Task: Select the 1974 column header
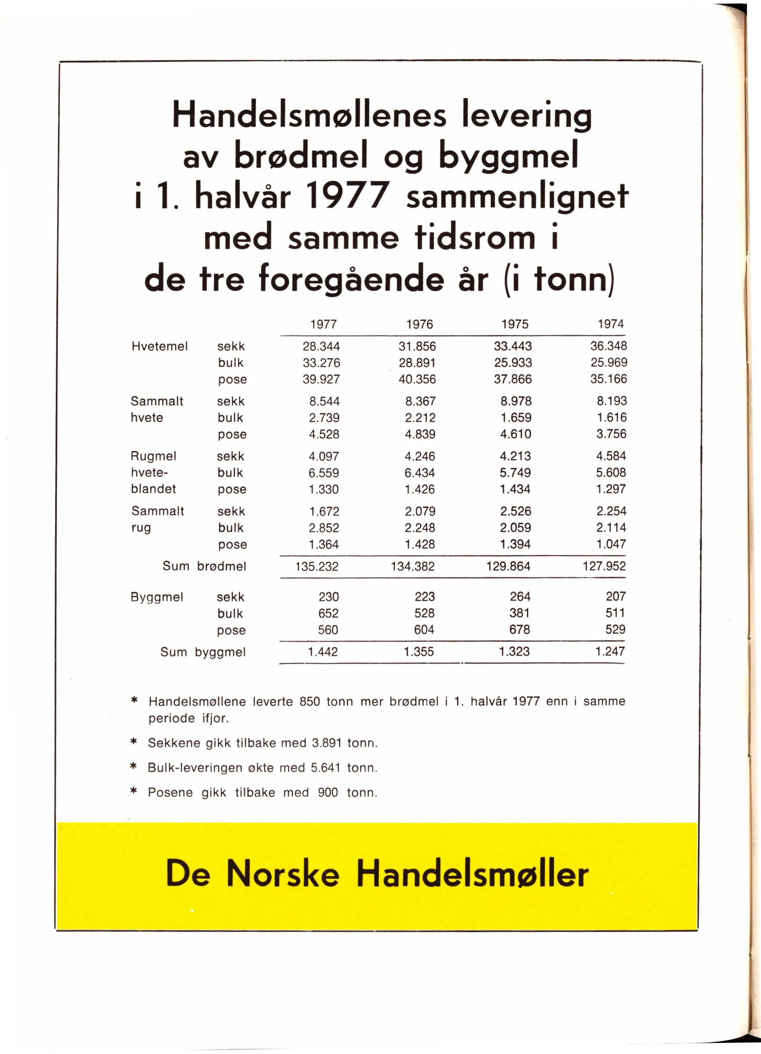coord(611,324)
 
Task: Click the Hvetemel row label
coord(160,346)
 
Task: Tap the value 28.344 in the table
coord(321,346)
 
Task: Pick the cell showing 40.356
coord(417,379)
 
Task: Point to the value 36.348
coord(608,346)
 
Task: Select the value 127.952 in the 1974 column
coord(604,566)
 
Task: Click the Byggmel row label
coord(157,597)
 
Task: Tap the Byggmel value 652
coord(328,613)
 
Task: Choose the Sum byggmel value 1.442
coord(323,652)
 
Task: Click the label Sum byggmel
coord(203,652)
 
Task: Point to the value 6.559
coord(324,473)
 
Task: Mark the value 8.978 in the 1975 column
coord(516,401)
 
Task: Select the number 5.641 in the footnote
coord(326,768)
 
